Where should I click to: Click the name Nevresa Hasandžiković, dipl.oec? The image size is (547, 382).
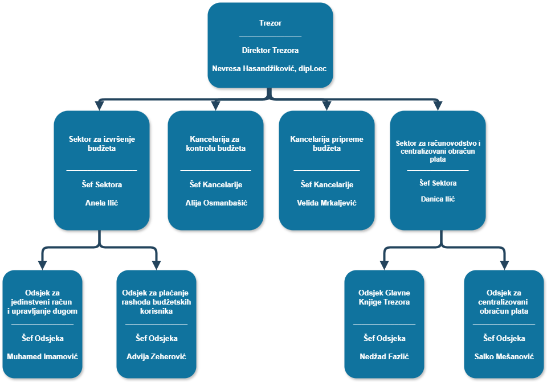coord(270,69)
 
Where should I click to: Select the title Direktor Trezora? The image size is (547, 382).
coord(270,50)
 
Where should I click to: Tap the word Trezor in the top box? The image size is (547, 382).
coord(270,23)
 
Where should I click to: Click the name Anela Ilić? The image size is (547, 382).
coord(101,203)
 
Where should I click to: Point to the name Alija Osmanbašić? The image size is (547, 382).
coord(216,203)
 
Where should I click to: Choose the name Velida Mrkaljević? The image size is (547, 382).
coord(326,203)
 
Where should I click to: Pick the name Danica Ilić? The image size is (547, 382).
coord(438,199)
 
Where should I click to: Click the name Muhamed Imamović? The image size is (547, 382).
coord(43,357)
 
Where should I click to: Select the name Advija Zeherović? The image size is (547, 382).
coord(156,357)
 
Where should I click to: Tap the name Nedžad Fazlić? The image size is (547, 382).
coord(384,357)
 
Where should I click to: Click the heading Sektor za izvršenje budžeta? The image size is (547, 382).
coord(101,143)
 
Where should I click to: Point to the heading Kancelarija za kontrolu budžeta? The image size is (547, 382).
coord(216,143)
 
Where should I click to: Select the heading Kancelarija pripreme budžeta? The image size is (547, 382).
coord(326,143)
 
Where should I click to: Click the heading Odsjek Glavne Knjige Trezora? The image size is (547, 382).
coord(384,298)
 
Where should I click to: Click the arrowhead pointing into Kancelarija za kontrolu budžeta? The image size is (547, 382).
coord(215,105)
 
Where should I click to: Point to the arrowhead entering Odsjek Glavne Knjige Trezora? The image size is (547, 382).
coord(385,265)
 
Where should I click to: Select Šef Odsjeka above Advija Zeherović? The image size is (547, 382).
coord(156,338)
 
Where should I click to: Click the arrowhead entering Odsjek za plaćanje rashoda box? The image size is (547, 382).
coord(156,265)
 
